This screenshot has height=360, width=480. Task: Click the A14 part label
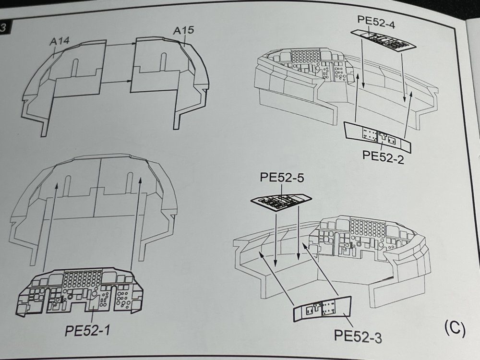[x=60, y=42]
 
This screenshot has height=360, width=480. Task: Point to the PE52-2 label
[x=384, y=156]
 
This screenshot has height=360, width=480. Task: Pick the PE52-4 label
[x=376, y=20]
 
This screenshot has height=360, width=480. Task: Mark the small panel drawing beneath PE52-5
[x=281, y=201]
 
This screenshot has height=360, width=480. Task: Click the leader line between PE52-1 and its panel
[x=91, y=314]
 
